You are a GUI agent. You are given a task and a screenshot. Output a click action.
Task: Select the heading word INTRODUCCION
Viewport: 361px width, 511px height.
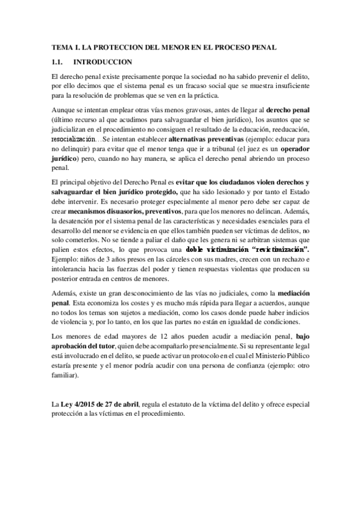102,62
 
